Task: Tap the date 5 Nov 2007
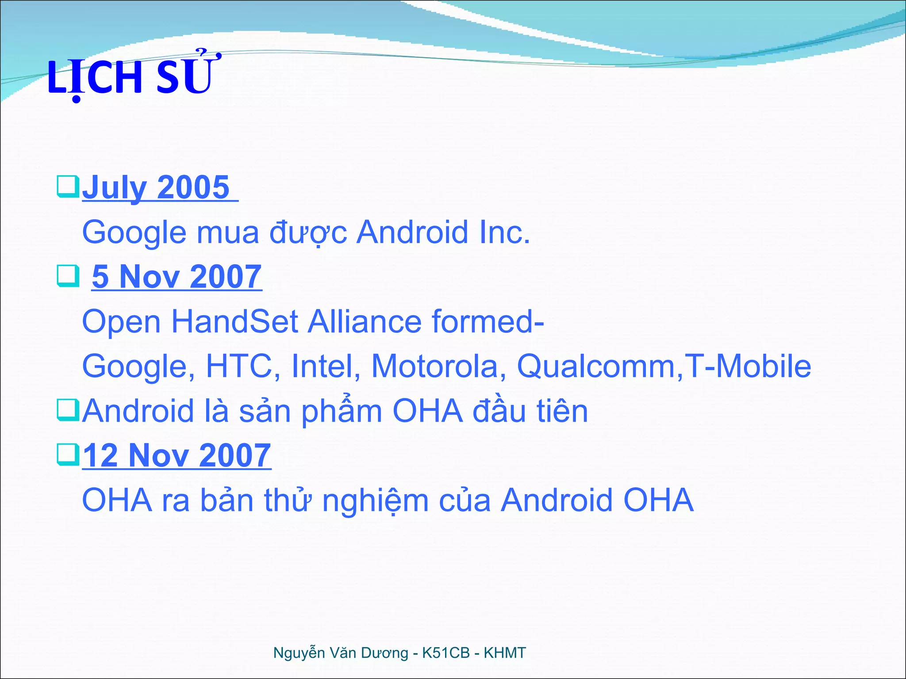click(x=177, y=277)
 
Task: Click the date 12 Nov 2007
click(x=177, y=455)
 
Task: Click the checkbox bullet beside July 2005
click(x=68, y=187)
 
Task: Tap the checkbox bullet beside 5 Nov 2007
click(x=68, y=276)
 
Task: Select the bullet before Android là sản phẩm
click(x=68, y=410)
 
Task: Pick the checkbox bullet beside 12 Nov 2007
click(x=68, y=455)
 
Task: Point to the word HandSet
click(x=234, y=321)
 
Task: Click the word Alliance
click(x=365, y=321)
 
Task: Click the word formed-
click(x=488, y=321)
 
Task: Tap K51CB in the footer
click(x=446, y=653)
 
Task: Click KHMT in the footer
click(x=505, y=653)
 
